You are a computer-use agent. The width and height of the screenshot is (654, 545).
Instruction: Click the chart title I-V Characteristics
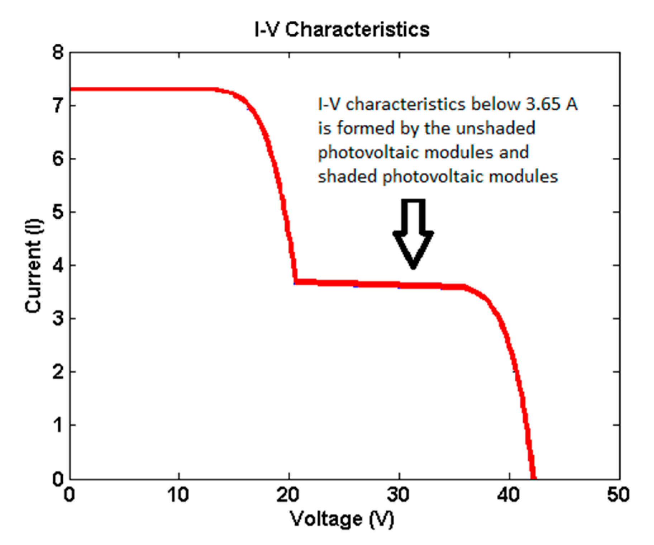(x=342, y=29)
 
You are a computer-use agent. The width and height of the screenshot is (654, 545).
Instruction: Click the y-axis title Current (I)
(x=34, y=266)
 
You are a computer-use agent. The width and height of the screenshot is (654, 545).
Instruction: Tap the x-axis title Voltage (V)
(x=342, y=518)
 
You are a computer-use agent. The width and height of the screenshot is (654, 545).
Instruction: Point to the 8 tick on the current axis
(x=58, y=53)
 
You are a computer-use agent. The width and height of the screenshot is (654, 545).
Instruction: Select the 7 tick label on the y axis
(x=58, y=106)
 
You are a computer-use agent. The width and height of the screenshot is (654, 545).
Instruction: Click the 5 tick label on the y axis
(x=58, y=212)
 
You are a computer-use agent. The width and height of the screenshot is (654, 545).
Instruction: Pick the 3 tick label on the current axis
(x=58, y=319)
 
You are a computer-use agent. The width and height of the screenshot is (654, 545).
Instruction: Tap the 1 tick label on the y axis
(x=58, y=425)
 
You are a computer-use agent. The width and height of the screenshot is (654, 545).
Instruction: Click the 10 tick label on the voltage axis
(x=178, y=495)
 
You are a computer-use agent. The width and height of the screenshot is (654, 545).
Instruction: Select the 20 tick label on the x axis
(x=288, y=495)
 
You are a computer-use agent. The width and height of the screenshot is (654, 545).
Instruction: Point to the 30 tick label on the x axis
(x=398, y=495)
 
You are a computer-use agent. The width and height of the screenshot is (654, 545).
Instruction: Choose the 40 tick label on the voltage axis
(x=509, y=495)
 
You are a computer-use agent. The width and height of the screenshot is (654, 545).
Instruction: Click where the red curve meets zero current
(x=533, y=477)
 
